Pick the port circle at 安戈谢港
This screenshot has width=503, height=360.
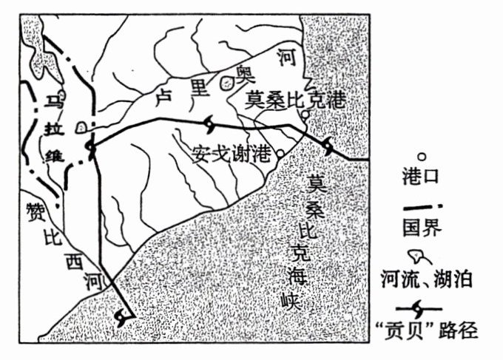(x=280, y=154)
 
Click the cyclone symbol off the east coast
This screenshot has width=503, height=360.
(x=328, y=147)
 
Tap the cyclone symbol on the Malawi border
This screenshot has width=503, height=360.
(x=91, y=149)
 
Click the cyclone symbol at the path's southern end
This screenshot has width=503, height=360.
(x=124, y=316)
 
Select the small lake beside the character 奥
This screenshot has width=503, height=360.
(x=225, y=82)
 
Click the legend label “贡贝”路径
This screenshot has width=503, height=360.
(x=432, y=330)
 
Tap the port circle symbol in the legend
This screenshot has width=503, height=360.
(x=422, y=157)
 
